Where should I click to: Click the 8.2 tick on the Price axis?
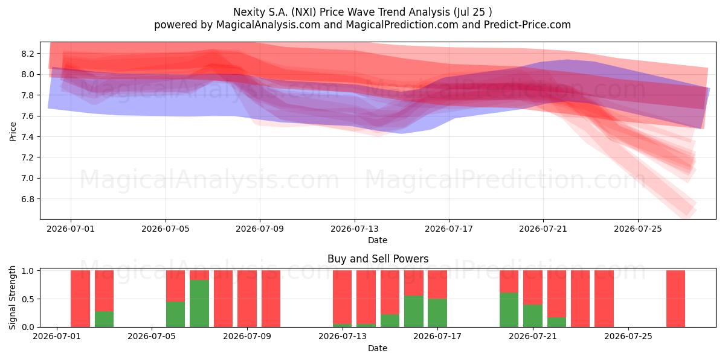click(x=28, y=54)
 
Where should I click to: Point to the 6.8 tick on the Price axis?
click(x=28, y=199)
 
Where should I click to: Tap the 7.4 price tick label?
click(x=28, y=137)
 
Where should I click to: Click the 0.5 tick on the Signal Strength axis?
click(x=28, y=299)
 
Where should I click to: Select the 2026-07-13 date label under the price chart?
click(x=355, y=229)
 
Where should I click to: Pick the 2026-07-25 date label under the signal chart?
click(x=628, y=337)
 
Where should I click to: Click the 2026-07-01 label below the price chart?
click(x=71, y=229)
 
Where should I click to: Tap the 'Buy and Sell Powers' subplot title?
click(x=378, y=259)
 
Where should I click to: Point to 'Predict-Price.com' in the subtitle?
click(x=527, y=25)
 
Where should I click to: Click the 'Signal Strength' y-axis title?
click(x=12, y=297)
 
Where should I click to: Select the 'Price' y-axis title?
click(x=13, y=132)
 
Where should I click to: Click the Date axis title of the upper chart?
click(x=378, y=240)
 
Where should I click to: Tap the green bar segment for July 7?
click(x=199, y=303)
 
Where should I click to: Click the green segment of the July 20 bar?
click(x=509, y=310)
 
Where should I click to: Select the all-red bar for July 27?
click(x=676, y=299)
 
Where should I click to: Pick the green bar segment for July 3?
click(x=104, y=319)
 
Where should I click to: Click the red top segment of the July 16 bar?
click(x=414, y=283)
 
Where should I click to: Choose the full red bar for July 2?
click(x=80, y=299)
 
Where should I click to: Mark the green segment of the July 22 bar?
click(x=556, y=322)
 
